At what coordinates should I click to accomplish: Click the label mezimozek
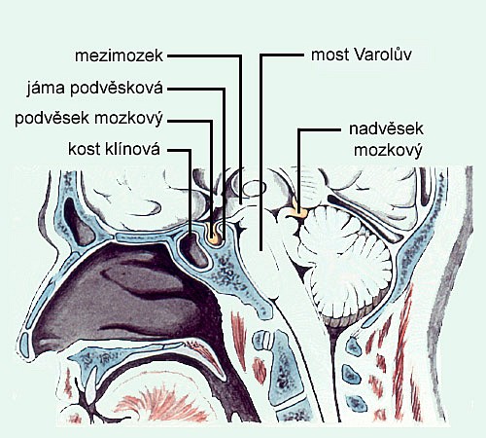tap(119, 55)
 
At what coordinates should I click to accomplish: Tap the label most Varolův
tap(362, 55)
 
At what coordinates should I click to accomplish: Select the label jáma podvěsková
tap(94, 88)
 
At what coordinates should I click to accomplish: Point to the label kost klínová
tap(115, 149)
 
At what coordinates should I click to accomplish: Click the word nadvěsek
tap(386, 128)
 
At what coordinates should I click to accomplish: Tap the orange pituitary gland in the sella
tap(214, 239)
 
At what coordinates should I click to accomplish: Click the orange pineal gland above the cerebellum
tap(298, 211)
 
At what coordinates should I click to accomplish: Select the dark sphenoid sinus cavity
tap(193, 249)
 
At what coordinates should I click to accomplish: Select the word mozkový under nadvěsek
tap(388, 151)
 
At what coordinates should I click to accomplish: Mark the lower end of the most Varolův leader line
tap(260, 251)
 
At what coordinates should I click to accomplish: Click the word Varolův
tap(383, 55)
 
